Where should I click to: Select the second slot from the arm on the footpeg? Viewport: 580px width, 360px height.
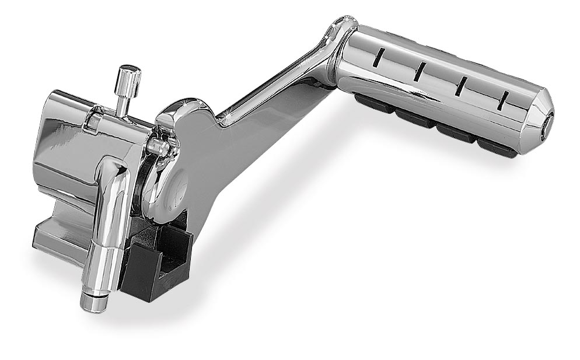[x=419, y=71]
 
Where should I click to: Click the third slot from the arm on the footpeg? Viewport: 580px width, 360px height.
[x=460, y=86]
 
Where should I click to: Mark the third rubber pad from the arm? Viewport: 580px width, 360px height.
[x=455, y=132]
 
